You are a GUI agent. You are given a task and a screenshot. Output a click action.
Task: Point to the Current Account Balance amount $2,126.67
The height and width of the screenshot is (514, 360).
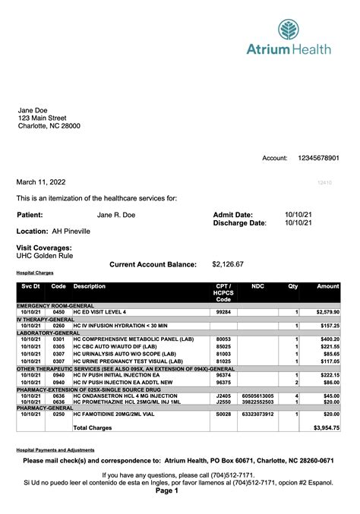click(x=228, y=264)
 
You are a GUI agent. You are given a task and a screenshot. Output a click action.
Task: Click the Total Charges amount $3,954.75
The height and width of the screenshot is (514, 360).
click(x=327, y=428)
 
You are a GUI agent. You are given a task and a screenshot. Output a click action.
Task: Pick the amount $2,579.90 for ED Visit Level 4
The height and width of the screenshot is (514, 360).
click(x=327, y=312)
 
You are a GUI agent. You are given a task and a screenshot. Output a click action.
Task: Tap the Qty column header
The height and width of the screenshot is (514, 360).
click(x=292, y=286)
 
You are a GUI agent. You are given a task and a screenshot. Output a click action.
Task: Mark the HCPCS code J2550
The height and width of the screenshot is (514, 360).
click(x=223, y=402)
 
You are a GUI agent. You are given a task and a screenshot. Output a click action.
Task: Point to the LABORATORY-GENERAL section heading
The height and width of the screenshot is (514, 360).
click(x=49, y=333)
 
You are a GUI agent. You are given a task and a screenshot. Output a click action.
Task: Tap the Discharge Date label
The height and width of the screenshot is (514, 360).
click(x=240, y=223)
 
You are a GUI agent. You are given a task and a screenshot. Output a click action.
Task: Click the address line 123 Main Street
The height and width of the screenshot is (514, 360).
click(x=43, y=118)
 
